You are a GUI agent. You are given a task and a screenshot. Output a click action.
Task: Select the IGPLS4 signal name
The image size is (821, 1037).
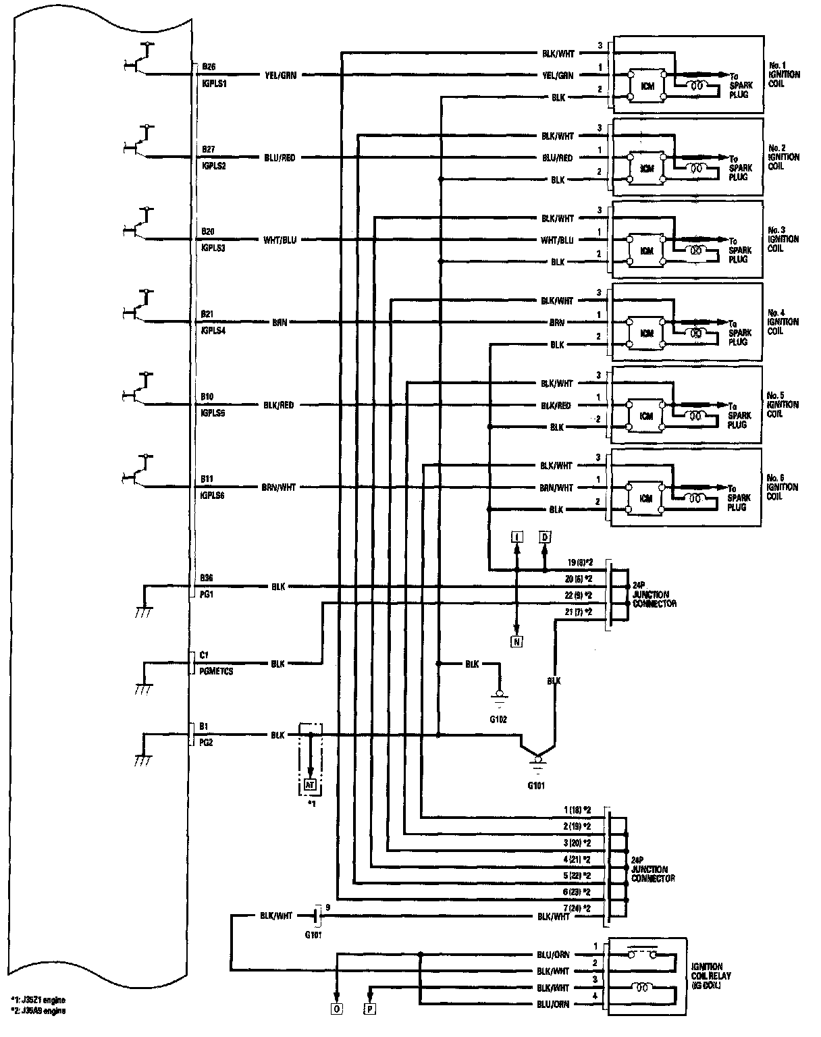213,330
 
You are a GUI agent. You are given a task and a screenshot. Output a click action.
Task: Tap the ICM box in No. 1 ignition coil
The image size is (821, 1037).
647,86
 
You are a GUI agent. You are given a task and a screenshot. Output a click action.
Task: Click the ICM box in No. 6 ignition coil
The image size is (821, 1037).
647,498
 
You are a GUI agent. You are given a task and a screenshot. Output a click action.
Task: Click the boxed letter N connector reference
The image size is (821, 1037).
517,642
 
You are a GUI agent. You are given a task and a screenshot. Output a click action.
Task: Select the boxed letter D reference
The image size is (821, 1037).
544,537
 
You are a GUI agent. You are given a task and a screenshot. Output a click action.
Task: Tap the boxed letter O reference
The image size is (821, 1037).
336,1010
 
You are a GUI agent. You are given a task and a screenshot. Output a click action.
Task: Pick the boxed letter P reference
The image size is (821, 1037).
371,1010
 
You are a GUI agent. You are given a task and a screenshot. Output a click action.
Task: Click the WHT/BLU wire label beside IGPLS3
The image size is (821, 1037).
280,240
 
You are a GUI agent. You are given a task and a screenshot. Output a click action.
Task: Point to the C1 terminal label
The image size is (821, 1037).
204,655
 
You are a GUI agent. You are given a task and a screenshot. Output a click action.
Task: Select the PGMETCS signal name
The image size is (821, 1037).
217,672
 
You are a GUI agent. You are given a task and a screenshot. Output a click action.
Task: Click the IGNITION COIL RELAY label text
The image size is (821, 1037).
711,976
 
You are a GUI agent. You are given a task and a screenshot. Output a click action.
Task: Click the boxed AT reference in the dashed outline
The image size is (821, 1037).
310,785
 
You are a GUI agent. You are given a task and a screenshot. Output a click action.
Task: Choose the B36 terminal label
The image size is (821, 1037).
207,579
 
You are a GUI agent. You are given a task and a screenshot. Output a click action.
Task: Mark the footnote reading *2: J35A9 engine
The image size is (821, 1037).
38,1011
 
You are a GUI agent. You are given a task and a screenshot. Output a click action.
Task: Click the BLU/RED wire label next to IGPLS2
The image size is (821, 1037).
280,158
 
